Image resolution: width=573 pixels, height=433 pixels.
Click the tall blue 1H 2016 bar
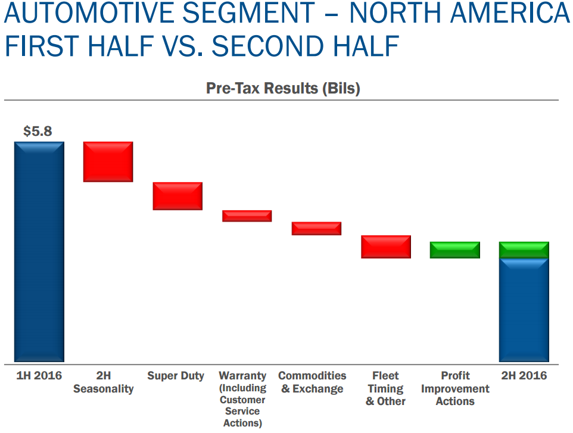click(39, 251)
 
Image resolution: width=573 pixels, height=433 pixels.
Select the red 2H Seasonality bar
click(108, 161)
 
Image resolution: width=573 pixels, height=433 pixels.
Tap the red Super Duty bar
click(177, 196)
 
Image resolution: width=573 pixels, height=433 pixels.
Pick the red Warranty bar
click(247, 216)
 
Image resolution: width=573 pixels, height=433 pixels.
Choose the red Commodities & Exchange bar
click(316, 229)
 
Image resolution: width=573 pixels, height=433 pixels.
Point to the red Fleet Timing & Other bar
click(386, 247)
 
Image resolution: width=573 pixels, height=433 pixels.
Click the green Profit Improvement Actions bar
click(455, 250)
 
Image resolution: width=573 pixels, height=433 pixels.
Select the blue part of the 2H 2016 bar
click(524, 310)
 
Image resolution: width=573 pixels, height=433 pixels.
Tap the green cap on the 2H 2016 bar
click(524, 250)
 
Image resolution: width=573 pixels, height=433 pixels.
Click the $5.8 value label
click(38, 131)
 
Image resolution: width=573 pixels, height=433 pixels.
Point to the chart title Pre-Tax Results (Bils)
click(283, 89)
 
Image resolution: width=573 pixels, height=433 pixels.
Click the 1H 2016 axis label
click(39, 376)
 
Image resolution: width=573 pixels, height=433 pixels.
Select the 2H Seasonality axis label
click(104, 382)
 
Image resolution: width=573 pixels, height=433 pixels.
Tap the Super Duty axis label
click(176, 376)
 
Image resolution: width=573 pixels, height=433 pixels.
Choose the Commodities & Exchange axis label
click(312, 382)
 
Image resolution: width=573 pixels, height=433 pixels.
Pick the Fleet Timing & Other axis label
click(385, 388)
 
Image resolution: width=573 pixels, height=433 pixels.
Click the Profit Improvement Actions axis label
click(455, 388)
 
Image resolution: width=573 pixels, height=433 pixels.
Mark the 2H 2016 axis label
click(524, 376)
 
